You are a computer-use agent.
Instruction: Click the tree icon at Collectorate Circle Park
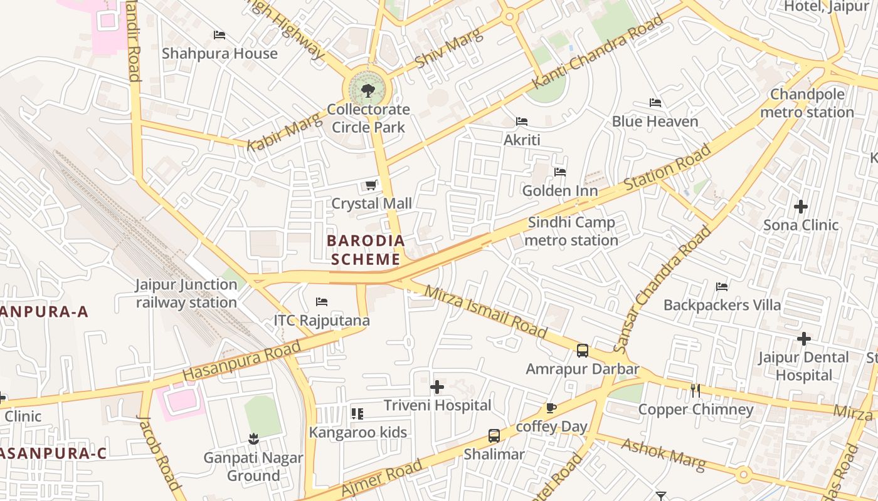pos(368,91)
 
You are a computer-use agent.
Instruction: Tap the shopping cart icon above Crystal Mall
pos(371,185)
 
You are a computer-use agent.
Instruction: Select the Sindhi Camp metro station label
pos(571,231)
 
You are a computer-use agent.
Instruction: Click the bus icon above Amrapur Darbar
pos(583,351)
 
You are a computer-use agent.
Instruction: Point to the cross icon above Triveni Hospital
pos(437,387)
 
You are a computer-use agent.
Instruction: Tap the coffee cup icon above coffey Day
pos(551,408)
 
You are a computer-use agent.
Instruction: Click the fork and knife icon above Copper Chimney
pos(695,391)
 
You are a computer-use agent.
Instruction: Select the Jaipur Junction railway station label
pos(186,293)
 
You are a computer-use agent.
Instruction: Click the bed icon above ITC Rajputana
pos(322,302)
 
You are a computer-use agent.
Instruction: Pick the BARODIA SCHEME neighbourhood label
pos(366,249)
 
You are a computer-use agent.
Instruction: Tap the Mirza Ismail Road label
pos(485,312)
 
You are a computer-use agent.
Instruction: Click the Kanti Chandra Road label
pos(597,52)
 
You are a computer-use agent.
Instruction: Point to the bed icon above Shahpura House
pos(219,35)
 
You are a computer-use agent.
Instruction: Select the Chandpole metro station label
pos(807,103)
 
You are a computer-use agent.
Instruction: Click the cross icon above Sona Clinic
pos(801,206)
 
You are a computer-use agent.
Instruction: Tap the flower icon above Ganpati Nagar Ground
pos(253,439)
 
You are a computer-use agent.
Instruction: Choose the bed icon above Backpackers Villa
pos(722,287)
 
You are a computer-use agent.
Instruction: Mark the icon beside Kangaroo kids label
pos(357,413)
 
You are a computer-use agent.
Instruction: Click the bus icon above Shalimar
pos(494,435)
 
